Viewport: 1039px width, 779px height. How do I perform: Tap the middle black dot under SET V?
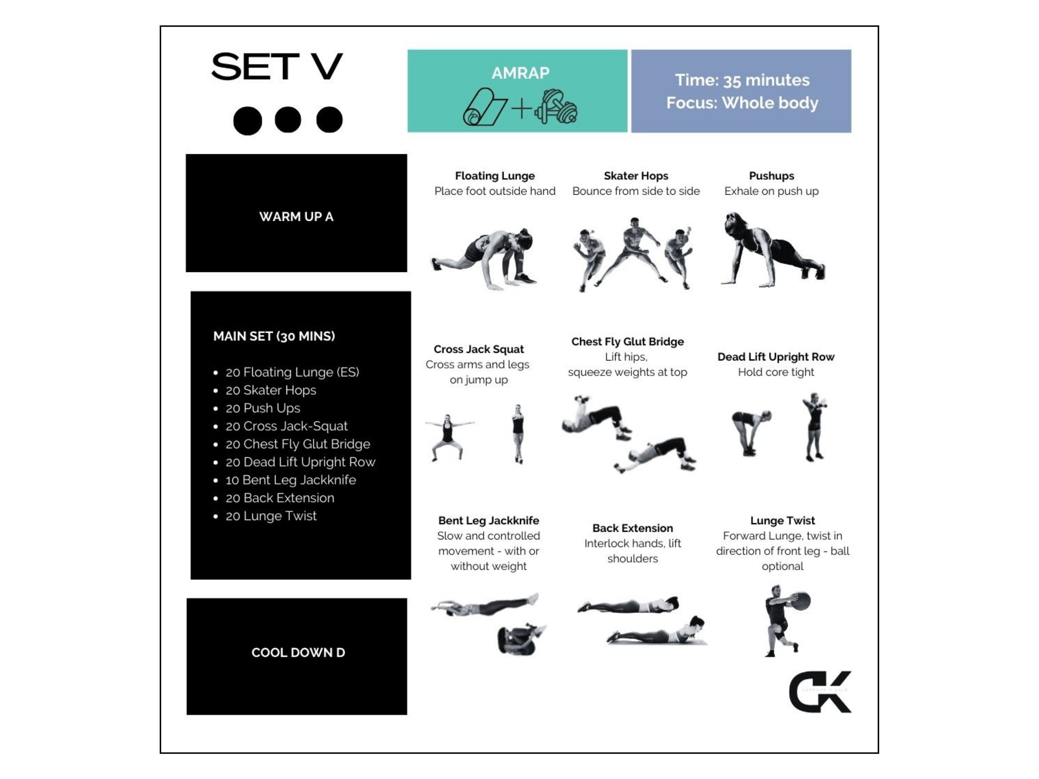[x=287, y=120]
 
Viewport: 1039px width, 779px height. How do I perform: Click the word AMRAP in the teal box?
[x=520, y=73]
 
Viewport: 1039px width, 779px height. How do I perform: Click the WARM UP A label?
[x=296, y=217]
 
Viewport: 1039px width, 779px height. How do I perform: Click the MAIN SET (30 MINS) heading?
[x=274, y=336]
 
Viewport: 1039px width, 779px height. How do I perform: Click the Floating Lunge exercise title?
[x=494, y=176]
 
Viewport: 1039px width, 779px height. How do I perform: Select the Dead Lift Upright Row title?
[x=775, y=357]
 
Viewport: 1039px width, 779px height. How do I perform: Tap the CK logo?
[x=820, y=692]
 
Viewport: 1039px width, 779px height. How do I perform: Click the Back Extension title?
[x=632, y=528]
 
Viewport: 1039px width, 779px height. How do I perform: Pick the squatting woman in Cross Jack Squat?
[x=448, y=437]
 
